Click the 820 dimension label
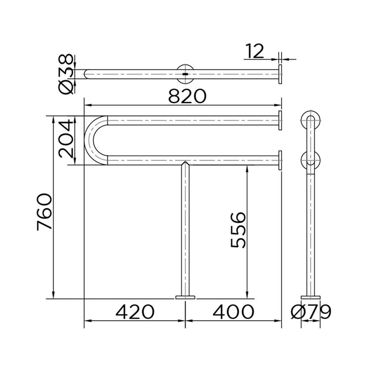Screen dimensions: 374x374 tap(187, 96)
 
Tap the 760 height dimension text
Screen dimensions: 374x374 tap(45, 212)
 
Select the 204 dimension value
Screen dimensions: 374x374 tap(65, 139)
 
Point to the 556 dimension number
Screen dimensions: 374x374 tap(238, 230)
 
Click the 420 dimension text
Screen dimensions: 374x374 tap(135, 312)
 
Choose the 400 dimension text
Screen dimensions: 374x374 tap(233, 312)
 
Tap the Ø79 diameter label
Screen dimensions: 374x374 tap(311, 312)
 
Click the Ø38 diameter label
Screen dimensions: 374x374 tap(65, 74)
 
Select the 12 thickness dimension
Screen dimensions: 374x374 tap(255, 51)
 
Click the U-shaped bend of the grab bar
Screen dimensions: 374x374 tap(89, 140)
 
